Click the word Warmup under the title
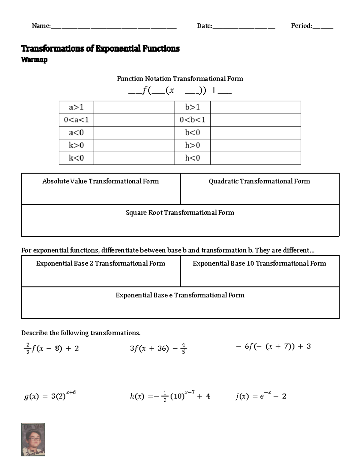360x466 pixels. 34,60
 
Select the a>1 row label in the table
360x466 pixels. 76,107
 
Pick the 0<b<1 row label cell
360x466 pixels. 193,120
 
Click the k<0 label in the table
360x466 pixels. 76,158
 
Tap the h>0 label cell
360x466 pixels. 193,146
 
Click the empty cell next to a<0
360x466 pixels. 134,133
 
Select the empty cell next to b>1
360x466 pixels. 256,107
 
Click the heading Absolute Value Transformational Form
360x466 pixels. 100,181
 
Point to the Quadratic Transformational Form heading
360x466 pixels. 259,181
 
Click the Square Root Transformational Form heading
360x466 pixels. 180,213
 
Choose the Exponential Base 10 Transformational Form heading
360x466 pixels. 259,263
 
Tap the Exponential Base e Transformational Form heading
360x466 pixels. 180,295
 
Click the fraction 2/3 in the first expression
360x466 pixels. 28,348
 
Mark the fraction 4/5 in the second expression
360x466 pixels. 183,348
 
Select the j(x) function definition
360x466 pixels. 261,396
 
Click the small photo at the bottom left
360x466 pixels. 33,440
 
